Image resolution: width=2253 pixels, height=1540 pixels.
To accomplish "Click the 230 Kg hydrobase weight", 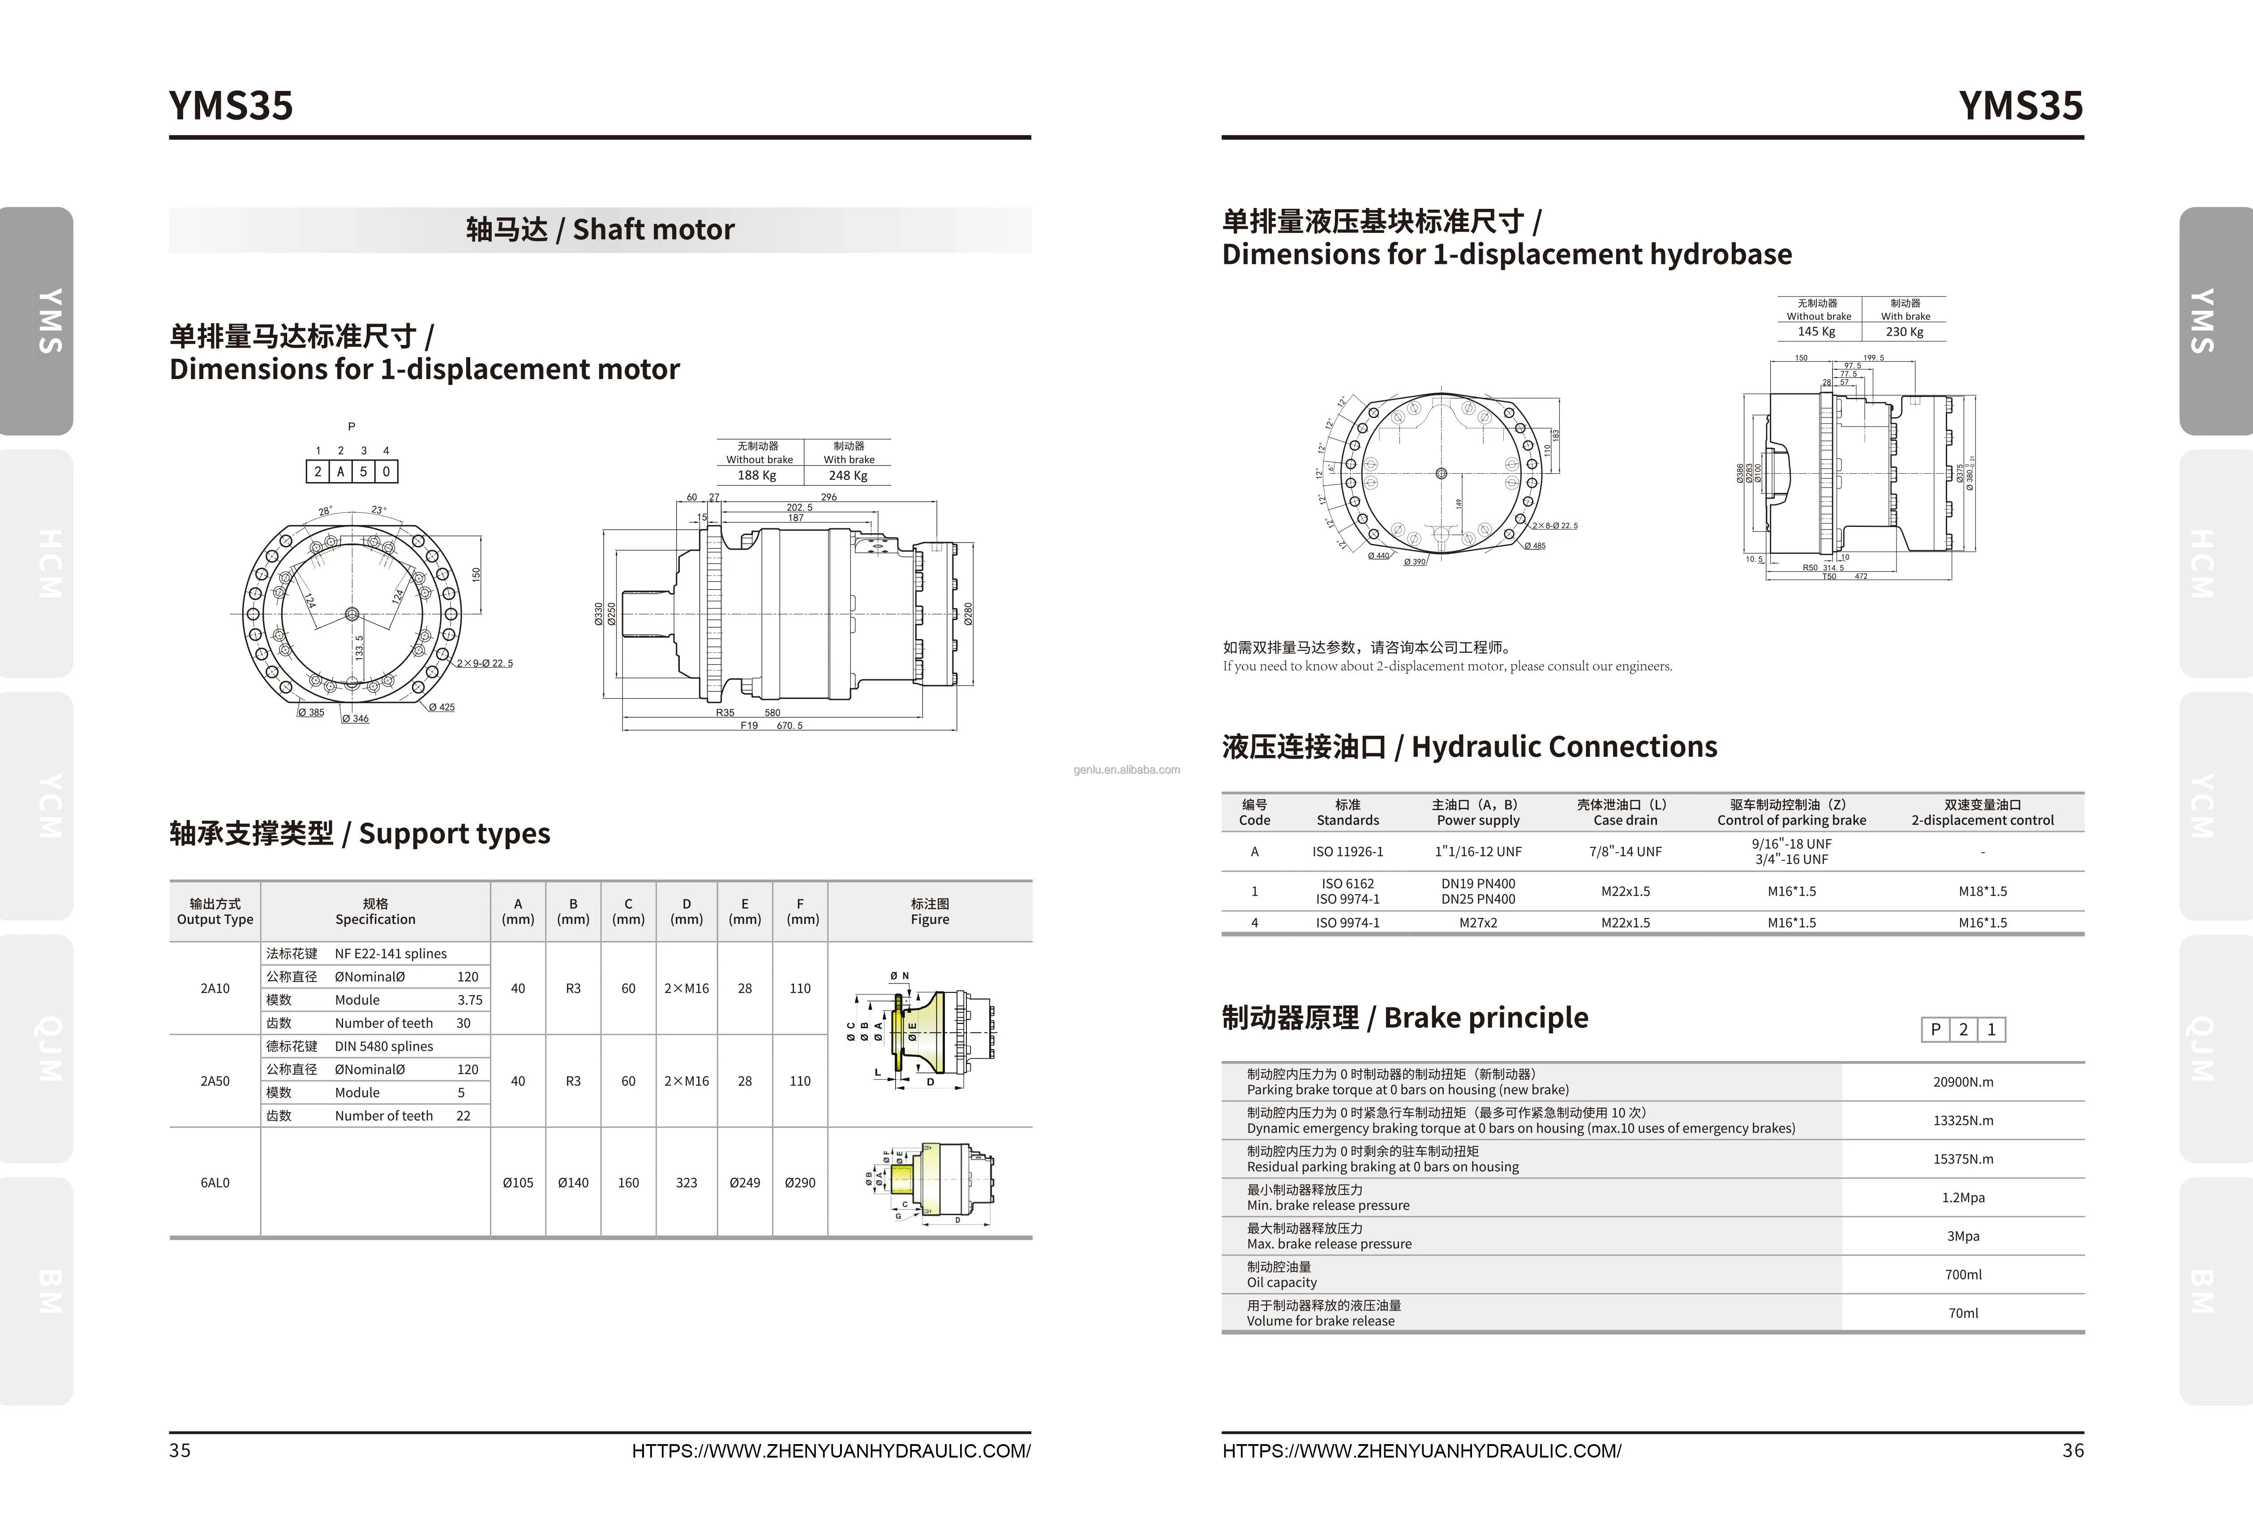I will pyautogui.click(x=1904, y=332).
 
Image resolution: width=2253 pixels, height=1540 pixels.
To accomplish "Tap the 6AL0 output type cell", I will pyautogui.click(x=215, y=1182).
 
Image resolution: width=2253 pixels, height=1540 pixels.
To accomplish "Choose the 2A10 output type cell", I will pyautogui.click(x=215, y=988).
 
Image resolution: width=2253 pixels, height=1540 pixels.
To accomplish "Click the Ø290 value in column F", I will pyautogui.click(x=800, y=1182).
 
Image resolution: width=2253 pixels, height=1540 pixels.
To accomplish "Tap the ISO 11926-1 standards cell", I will pyautogui.click(x=1348, y=851).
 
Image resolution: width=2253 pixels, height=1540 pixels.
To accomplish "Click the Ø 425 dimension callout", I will pyautogui.click(x=442, y=707).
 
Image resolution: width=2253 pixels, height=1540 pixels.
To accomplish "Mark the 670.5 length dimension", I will pyautogui.click(x=789, y=725).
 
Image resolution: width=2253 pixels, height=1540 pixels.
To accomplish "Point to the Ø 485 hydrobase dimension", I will pyautogui.click(x=1535, y=546).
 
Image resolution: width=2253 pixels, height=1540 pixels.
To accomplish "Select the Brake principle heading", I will pyautogui.click(x=1405, y=1017).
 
